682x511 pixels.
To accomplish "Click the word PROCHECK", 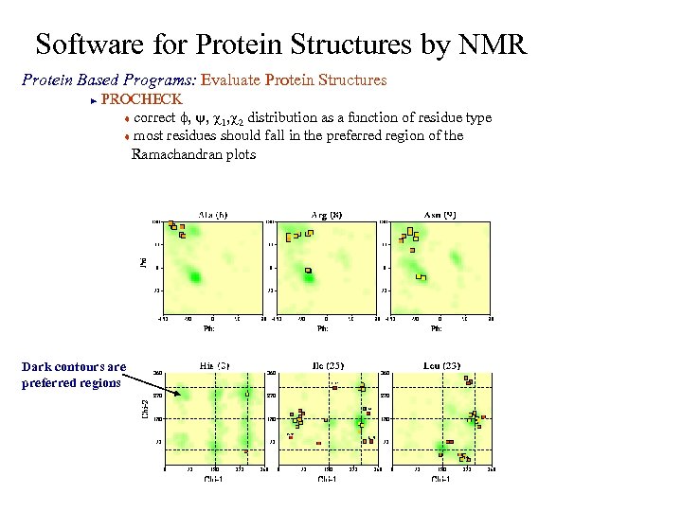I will [141, 98].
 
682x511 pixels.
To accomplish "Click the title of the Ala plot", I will [211, 214].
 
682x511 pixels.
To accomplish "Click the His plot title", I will [210, 365].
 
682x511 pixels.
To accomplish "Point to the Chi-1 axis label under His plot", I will [212, 479].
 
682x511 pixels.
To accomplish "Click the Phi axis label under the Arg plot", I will [322, 329].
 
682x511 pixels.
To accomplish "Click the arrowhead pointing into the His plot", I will [179, 393].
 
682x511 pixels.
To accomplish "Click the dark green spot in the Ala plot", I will [195, 276].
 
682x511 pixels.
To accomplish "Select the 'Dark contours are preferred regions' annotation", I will [73, 375].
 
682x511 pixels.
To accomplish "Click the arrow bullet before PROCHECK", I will [93, 99].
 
